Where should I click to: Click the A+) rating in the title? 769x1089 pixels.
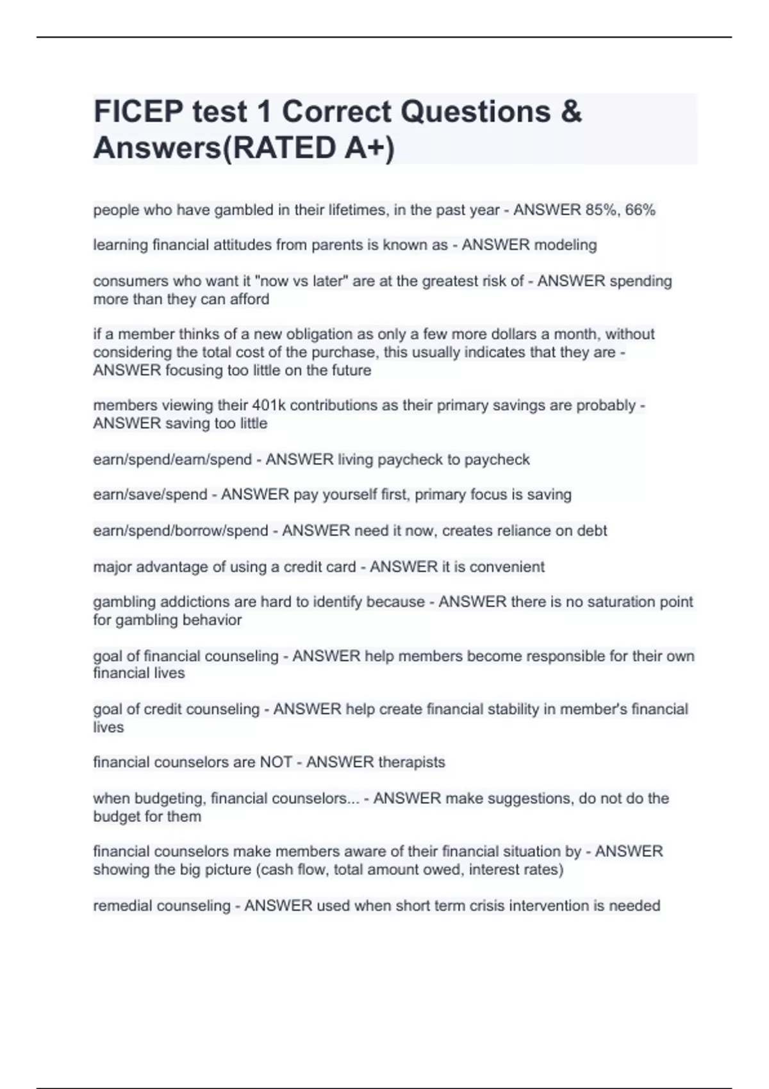coord(369,148)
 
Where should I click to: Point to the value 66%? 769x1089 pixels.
coord(640,210)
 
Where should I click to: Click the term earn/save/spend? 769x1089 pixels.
coord(150,495)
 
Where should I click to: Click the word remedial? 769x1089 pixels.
coord(122,906)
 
